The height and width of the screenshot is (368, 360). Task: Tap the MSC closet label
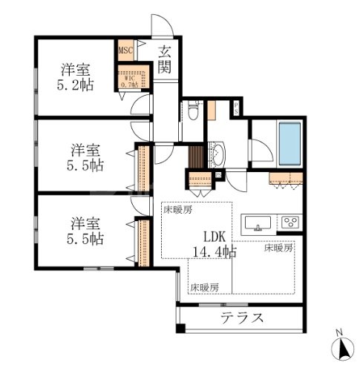(125, 51)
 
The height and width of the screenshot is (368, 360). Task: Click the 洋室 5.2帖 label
(76, 77)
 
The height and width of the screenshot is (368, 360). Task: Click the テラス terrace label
(242, 319)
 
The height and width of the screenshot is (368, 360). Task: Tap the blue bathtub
(288, 142)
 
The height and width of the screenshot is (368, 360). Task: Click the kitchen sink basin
(257, 222)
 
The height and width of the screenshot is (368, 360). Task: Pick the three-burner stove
(289, 222)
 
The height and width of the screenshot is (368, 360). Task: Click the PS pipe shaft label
(235, 108)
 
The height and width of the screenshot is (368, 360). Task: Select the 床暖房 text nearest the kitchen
(278, 249)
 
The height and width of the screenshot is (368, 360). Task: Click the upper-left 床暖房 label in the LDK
(177, 210)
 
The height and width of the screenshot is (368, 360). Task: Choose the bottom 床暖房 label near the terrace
(203, 286)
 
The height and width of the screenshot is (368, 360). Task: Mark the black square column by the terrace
(179, 329)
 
